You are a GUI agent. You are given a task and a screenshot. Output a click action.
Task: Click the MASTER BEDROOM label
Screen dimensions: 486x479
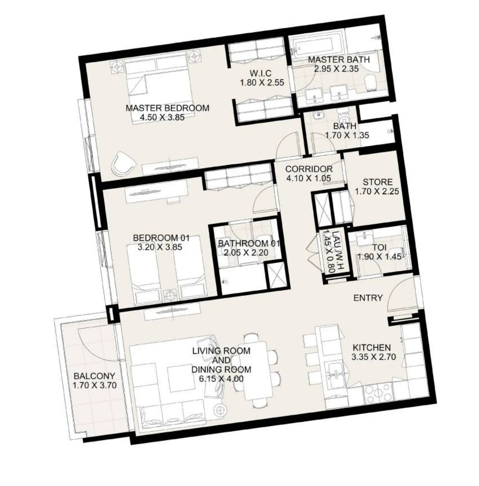tap(167, 108)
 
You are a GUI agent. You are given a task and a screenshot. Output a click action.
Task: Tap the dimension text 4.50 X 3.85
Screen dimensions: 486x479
tap(162, 117)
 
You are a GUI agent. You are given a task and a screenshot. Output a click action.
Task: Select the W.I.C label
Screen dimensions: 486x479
tap(261, 74)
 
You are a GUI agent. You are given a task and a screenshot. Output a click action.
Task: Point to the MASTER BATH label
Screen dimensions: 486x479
tap(338, 60)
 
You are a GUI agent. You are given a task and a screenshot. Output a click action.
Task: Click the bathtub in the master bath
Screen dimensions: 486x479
tap(316, 46)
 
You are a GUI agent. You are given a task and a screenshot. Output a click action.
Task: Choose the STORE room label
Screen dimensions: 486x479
tap(378, 182)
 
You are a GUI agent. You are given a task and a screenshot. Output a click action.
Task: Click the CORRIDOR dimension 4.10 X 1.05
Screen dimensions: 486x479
tap(309, 178)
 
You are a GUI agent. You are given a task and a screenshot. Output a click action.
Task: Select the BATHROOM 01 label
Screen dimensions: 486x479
tap(249, 244)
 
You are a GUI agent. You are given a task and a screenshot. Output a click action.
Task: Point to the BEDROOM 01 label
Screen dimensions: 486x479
tap(161, 238)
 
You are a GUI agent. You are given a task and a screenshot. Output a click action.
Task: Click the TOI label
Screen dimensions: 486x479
tap(379, 247)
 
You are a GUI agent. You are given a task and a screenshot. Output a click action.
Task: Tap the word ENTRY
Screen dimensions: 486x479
tap(368, 298)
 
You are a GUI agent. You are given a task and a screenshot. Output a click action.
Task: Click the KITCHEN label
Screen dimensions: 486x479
tap(371, 348)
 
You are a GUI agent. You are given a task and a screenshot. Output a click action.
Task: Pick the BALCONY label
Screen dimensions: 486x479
tap(94, 376)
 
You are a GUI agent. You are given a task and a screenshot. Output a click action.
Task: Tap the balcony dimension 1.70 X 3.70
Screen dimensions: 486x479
tap(94, 385)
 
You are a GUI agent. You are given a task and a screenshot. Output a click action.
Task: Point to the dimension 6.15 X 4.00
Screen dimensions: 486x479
tap(221, 379)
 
